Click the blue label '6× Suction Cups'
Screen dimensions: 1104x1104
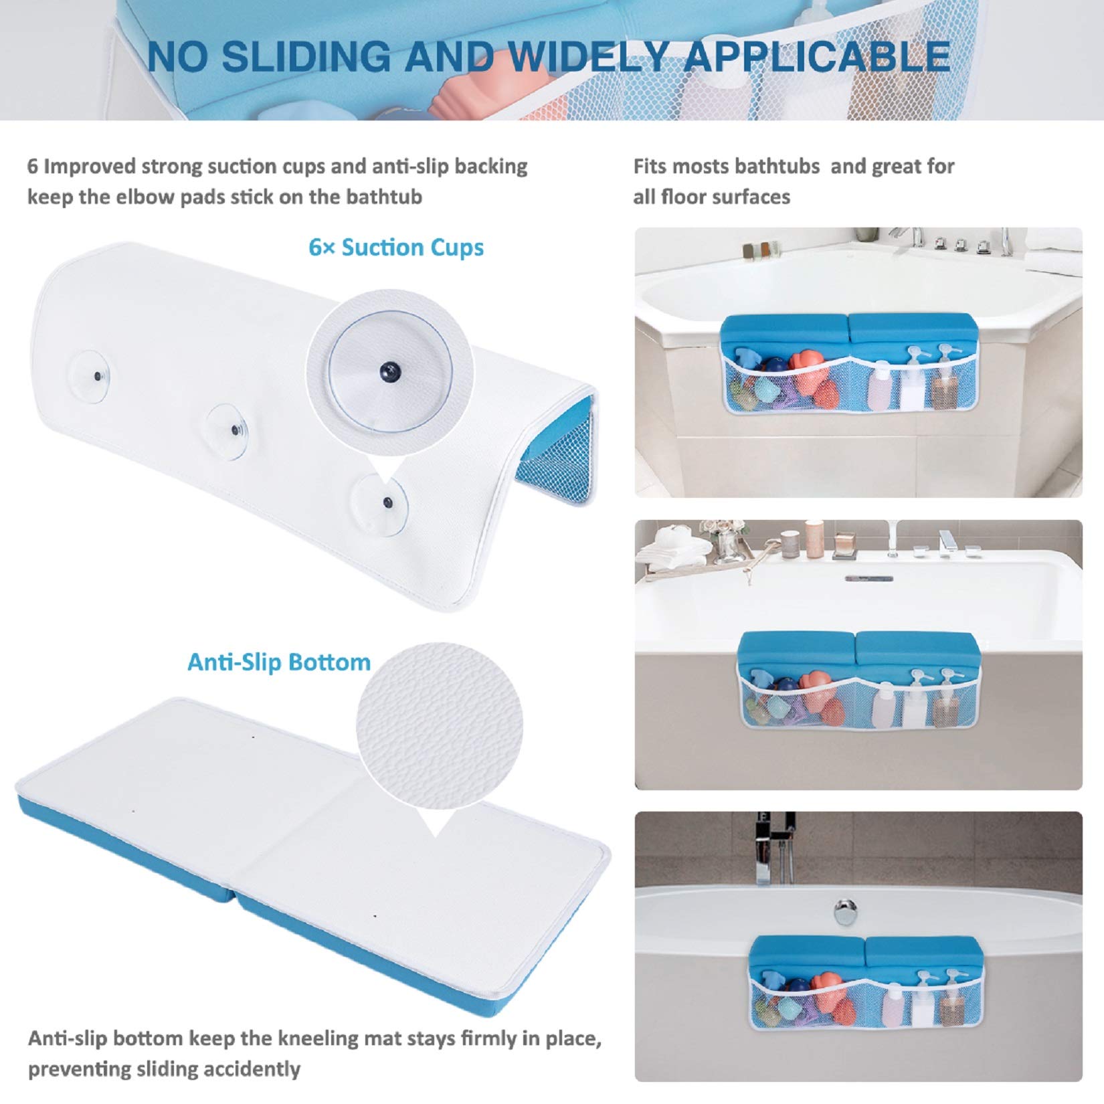(x=396, y=248)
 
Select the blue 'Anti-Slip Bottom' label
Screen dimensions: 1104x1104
(x=278, y=662)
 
